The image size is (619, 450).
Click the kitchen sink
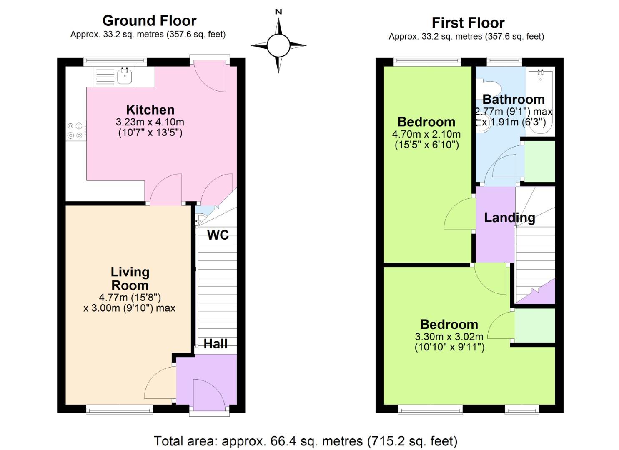tap(125, 76)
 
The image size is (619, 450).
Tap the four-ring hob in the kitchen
tap(76, 130)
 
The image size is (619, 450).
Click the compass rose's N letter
tap(278, 12)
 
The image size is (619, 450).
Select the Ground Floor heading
tap(149, 20)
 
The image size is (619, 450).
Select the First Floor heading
tap(468, 22)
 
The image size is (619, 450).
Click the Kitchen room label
tap(150, 110)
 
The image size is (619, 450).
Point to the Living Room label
tap(130, 278)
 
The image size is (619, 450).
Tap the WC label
tap(218, 235)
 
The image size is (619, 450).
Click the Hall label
tap(216, 344)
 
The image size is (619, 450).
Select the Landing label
tap(509, 217)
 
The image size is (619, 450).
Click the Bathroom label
tap(514, 100)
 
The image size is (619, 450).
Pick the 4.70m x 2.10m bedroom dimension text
tap(426, 134)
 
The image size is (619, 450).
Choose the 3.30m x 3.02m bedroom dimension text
tap(449, 337)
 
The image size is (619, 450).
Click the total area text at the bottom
tap(306, 441)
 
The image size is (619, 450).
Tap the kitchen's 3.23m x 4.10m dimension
tap(150, 122)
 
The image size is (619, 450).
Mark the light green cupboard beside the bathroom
tap(539, 161)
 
